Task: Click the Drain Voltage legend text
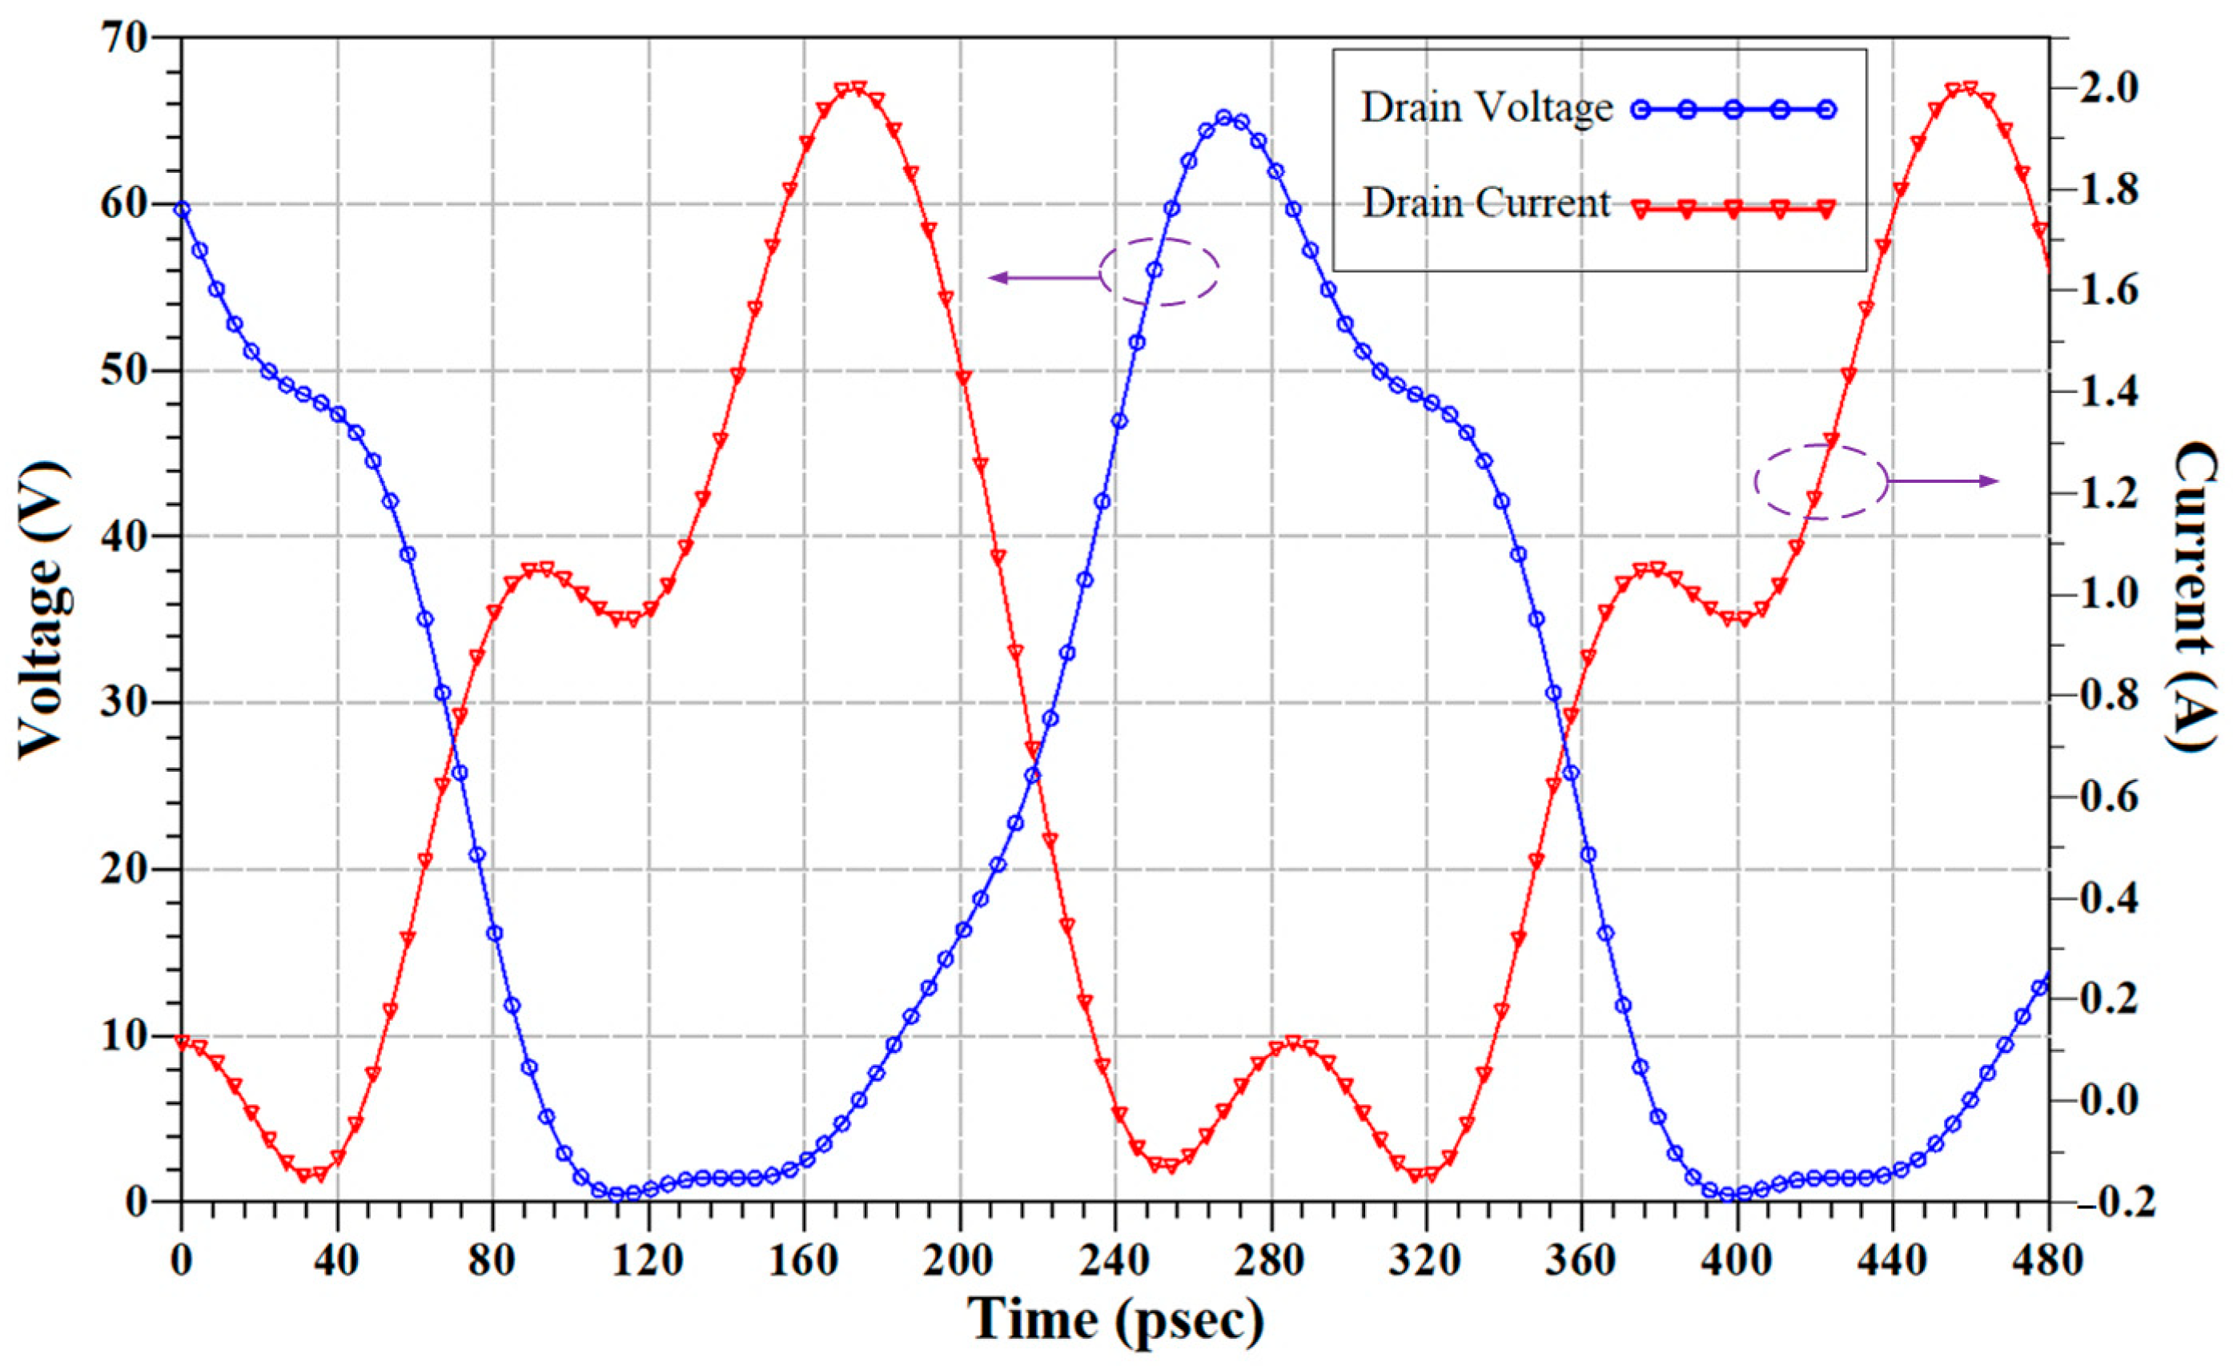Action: (x=1486, y=108)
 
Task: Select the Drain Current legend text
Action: (x=1486, y=203)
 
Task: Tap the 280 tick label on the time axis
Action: (x=1271, y=1261)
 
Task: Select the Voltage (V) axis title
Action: (x=43, y=609)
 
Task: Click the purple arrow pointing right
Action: (x=1943, y=481)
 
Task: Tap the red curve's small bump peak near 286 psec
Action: (x=1293, y=1043)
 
